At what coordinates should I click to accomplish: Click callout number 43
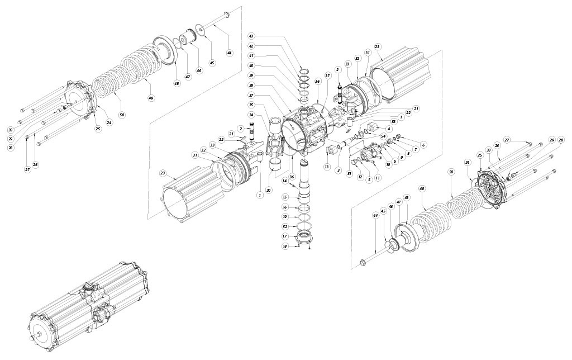point(252,36)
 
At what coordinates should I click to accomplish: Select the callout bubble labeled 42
point(252,46)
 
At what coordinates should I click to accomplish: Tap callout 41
point(252,56)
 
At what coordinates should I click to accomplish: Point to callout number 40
point(252,66)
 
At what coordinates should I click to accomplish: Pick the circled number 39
point(252,75)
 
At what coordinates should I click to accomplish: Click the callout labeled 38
point(252,86)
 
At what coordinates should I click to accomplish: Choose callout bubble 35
point(252,105)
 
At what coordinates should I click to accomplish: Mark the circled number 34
point(252,115)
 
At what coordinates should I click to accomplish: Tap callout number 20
point(269,190)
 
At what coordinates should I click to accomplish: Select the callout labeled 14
point(284,180)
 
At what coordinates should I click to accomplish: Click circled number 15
point(284,197)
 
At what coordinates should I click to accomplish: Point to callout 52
point(284,226)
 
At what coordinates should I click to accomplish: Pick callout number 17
point(284,236)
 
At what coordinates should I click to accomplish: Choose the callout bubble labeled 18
point(284,246)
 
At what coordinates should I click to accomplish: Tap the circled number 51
point(350,174)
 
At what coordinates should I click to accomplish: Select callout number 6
point(423,145)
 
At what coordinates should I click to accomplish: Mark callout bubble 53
point(393,121)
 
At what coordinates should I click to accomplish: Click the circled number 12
point(360,177)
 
